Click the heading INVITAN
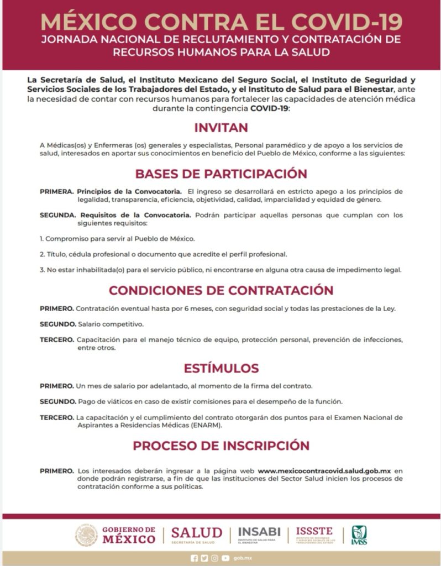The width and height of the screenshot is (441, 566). pos(221,128)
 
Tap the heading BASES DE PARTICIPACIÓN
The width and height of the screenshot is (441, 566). pos(221,174)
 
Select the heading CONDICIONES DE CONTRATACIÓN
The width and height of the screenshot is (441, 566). pos(221,290)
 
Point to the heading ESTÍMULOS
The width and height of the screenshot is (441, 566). pos(221,368)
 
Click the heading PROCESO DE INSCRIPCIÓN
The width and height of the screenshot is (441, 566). pos(221,445)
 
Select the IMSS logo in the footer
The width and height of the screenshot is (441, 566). pos(359,535)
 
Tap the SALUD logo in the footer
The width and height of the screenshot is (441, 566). pos(196,534)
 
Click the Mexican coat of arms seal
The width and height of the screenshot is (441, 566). pos(86,535)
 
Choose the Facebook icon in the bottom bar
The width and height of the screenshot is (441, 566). pos(194,558)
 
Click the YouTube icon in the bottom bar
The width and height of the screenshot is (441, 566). pos(225,558)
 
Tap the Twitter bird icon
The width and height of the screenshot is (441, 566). pos(204,558)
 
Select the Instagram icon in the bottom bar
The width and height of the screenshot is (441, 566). pos(214,558)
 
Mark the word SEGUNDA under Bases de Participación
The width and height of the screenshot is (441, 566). pos(57,215)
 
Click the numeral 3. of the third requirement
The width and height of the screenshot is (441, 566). pos(41,270)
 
